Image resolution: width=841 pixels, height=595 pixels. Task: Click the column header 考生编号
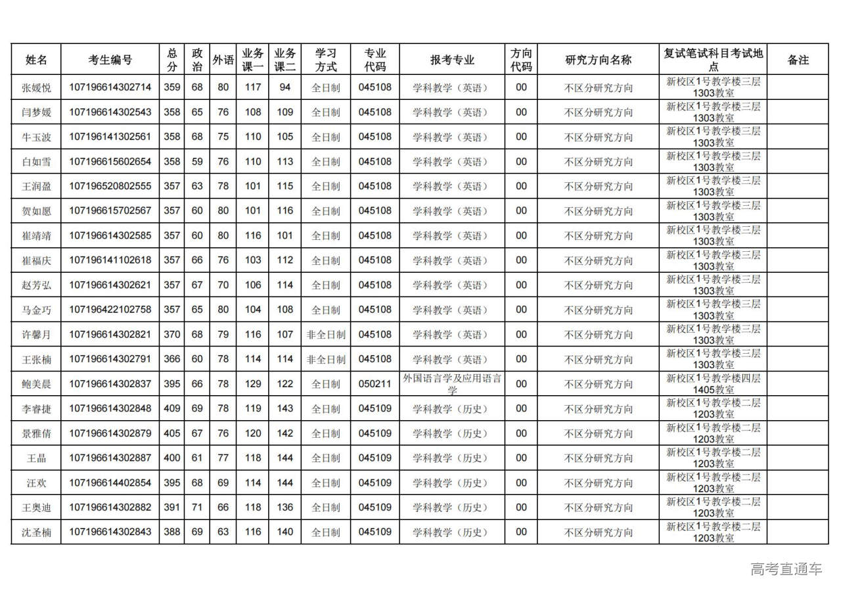[110, 60]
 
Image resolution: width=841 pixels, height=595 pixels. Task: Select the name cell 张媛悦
[36, 87]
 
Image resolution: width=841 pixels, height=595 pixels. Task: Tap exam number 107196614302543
[110, 112]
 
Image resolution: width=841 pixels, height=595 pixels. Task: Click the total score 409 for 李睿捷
[171, 408]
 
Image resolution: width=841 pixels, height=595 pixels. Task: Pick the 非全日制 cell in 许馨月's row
[325, 335]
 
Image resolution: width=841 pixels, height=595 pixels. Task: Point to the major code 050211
[375, 384]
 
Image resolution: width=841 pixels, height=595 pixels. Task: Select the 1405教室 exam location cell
[713, 384]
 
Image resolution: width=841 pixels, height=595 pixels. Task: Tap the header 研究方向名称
[598, 60]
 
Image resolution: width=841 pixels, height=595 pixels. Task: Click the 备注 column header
[798, 60]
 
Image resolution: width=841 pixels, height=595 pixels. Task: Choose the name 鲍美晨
[36, 384]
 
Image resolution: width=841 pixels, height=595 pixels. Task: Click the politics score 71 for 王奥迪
[197, 508]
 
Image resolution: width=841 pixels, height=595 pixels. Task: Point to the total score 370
[171, 335]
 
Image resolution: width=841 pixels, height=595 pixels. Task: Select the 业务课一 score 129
[253, 384]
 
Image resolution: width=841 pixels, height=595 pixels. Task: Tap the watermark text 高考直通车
[786, 569]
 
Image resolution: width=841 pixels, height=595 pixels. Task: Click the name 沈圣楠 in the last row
[36, 532]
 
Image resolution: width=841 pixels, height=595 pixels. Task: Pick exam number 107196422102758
[110, 310]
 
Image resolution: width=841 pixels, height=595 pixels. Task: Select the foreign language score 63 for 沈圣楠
[223, 532]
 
